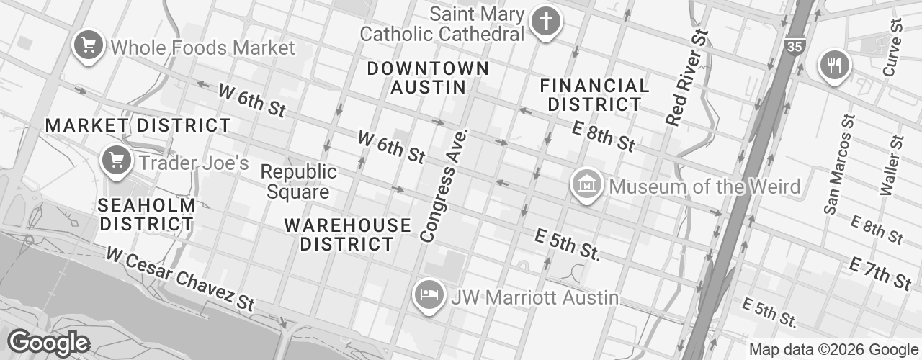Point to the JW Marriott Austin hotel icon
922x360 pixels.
(429, 294)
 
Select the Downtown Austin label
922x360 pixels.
(428, 78)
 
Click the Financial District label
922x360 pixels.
(594, 95)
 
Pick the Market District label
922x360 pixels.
(138, 125)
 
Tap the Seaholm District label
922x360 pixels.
(147, 215)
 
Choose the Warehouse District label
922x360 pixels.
(348, 235)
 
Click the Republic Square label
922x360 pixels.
(298, 182)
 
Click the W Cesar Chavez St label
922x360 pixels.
(180, 279)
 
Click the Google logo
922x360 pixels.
(48, 343)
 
